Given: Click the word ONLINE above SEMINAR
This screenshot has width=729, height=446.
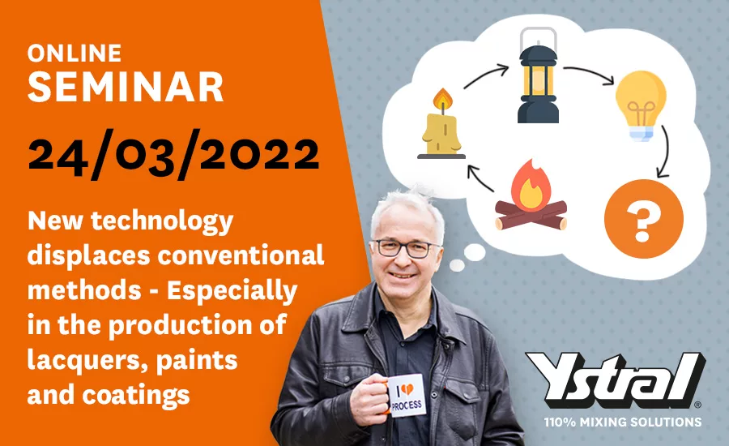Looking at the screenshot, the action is click(75, 53).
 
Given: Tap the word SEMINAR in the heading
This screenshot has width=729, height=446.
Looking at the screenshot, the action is click(126, 87).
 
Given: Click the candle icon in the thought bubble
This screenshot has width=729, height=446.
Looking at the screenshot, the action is click(441, 123).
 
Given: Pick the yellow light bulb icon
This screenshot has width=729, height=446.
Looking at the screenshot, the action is click(641, 105).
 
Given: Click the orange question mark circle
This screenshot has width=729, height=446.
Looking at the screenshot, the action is click(643, 219).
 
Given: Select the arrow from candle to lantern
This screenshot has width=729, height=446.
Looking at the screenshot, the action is click(485, 76).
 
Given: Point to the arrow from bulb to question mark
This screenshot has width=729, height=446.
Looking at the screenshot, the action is click(666, 152).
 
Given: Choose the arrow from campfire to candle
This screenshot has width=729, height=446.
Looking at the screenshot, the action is click(478, 178).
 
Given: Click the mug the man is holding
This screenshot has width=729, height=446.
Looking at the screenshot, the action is click(404, 395).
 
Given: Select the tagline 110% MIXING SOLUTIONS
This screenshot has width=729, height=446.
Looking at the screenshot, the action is click(623, 422).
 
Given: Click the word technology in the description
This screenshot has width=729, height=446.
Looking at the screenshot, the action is click(162, 221).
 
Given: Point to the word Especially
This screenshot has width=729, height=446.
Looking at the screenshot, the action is click(232, 290).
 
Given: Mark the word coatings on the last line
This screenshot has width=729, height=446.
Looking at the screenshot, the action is click(136, 395).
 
